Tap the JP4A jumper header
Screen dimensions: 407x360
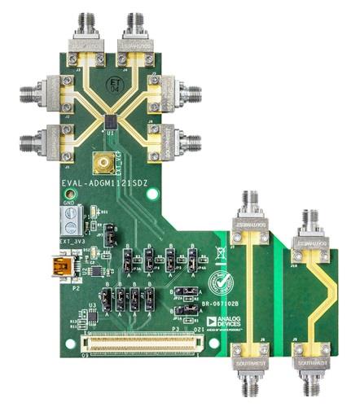click(192, 261)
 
